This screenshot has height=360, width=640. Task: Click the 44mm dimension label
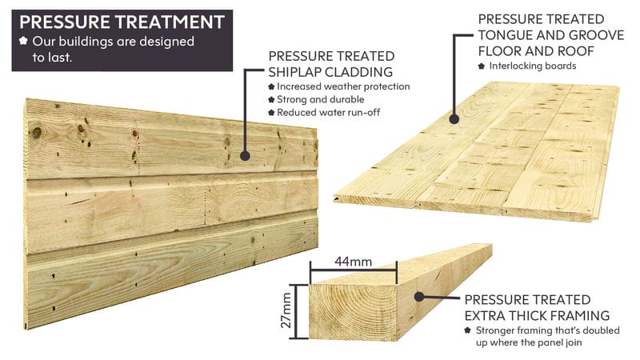pos(353,262)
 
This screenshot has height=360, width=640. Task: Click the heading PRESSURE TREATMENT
pos(122,22)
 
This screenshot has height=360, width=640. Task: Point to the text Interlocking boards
pos(533,66)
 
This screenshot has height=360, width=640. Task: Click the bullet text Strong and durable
pos(321,99)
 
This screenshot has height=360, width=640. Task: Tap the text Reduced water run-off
pos(328,112)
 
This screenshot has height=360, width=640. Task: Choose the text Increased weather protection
pos(343,86)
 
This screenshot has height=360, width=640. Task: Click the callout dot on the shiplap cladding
pos(245,155)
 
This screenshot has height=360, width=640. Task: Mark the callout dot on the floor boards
pos(454,119)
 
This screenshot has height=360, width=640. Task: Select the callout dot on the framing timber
pos(419,297)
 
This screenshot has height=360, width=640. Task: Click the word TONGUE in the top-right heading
pos(505,35)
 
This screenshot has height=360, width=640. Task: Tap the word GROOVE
pos(596,35)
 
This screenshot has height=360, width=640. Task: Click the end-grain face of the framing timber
pos(353,312)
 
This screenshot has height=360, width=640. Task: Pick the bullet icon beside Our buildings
pos(24,41)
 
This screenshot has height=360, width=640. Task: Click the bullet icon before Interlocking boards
pos(482,66)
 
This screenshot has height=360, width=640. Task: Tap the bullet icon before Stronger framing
pos(468,330)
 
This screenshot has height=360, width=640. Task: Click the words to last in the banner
pos(52,58)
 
